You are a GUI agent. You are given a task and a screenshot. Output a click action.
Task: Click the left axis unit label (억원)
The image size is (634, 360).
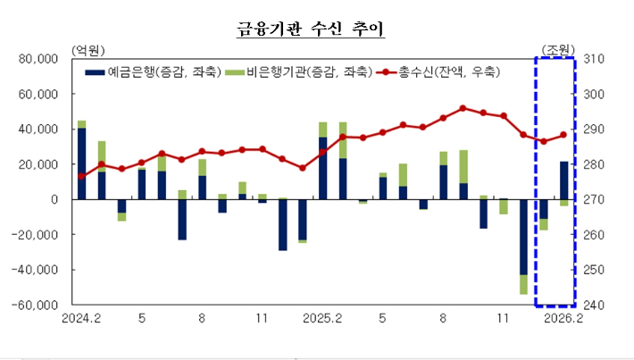[88, 48]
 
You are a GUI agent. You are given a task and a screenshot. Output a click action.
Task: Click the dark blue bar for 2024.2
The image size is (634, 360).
[82, 163]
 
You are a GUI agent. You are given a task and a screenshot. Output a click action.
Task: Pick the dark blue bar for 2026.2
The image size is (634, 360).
[563, 180]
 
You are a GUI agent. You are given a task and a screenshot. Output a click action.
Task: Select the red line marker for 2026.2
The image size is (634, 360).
[563, 135]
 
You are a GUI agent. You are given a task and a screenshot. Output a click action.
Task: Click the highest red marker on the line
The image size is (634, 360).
[463, 108]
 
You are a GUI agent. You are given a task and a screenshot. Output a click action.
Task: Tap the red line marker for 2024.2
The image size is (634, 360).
[82, 176]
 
